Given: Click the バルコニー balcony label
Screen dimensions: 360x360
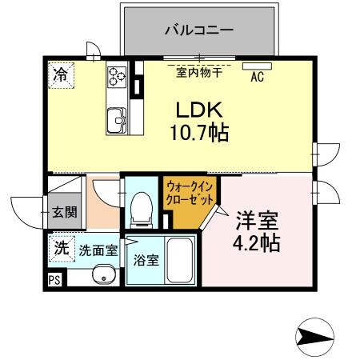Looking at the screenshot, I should [199, 31].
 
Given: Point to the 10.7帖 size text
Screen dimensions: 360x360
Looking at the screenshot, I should [199, 133].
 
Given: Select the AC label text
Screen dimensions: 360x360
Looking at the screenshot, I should [258, 78].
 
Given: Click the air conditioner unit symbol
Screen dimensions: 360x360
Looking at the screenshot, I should [258, 66].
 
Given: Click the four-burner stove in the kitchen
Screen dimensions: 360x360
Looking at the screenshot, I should [118, 77].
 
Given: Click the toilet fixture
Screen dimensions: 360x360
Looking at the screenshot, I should [142, 206].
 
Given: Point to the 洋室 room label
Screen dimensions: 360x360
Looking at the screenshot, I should [257, 218].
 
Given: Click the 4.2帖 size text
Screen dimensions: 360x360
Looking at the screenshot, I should [257, 242].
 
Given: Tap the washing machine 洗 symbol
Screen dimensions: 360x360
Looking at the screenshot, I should [61, 248].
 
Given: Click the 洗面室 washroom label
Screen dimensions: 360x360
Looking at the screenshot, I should [98, 250].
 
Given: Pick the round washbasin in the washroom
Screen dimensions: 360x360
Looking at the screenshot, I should [102, 275].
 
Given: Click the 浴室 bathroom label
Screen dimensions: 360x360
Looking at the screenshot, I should [145, 260].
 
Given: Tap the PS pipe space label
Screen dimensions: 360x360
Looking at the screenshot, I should [55, 279].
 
